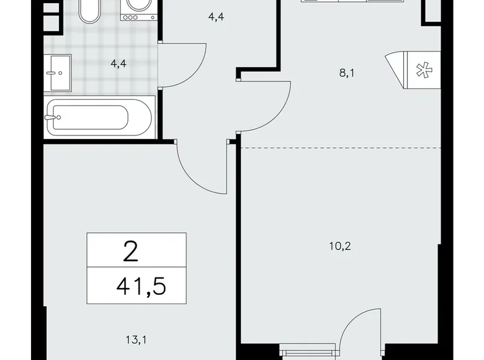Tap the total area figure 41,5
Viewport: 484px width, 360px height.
coord(141,287)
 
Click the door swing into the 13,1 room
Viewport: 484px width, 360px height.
coord(197,166)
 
